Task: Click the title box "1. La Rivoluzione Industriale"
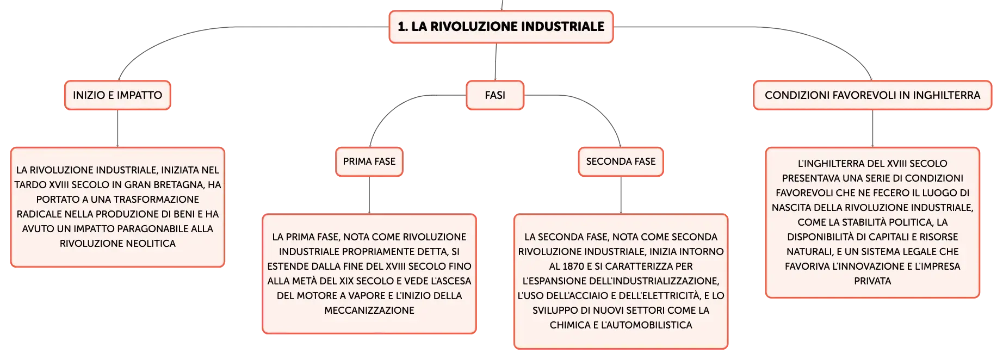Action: tap(501, 27)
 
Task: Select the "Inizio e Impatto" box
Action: tap(117, 95)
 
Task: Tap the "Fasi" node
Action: tap(495, 95)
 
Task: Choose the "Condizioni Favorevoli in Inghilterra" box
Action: tap(872, 95)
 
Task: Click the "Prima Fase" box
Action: tap(369, 162)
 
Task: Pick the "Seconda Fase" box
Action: tap(621, 162)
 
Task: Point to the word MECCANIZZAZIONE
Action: tap(369, 311)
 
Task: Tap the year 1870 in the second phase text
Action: tap(573, 266)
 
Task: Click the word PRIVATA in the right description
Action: tap(872, 281)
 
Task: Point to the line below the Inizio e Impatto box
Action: tap(117, 128)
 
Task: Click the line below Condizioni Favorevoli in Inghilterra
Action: tap(872, 128)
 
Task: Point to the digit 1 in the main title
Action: tap(401, 27)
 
